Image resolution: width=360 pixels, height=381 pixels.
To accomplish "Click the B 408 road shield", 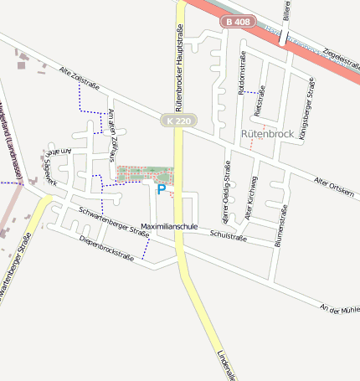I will [237, 22].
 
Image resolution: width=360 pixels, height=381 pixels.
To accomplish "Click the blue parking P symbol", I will [161, 190].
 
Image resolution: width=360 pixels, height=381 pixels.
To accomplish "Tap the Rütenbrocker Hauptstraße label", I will [179, 67].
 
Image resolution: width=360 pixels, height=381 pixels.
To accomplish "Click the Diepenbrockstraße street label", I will [106, 247].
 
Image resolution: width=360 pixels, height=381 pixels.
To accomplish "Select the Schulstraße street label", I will [228, 238].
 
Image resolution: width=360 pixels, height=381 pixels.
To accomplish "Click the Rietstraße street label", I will [260, 100].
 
